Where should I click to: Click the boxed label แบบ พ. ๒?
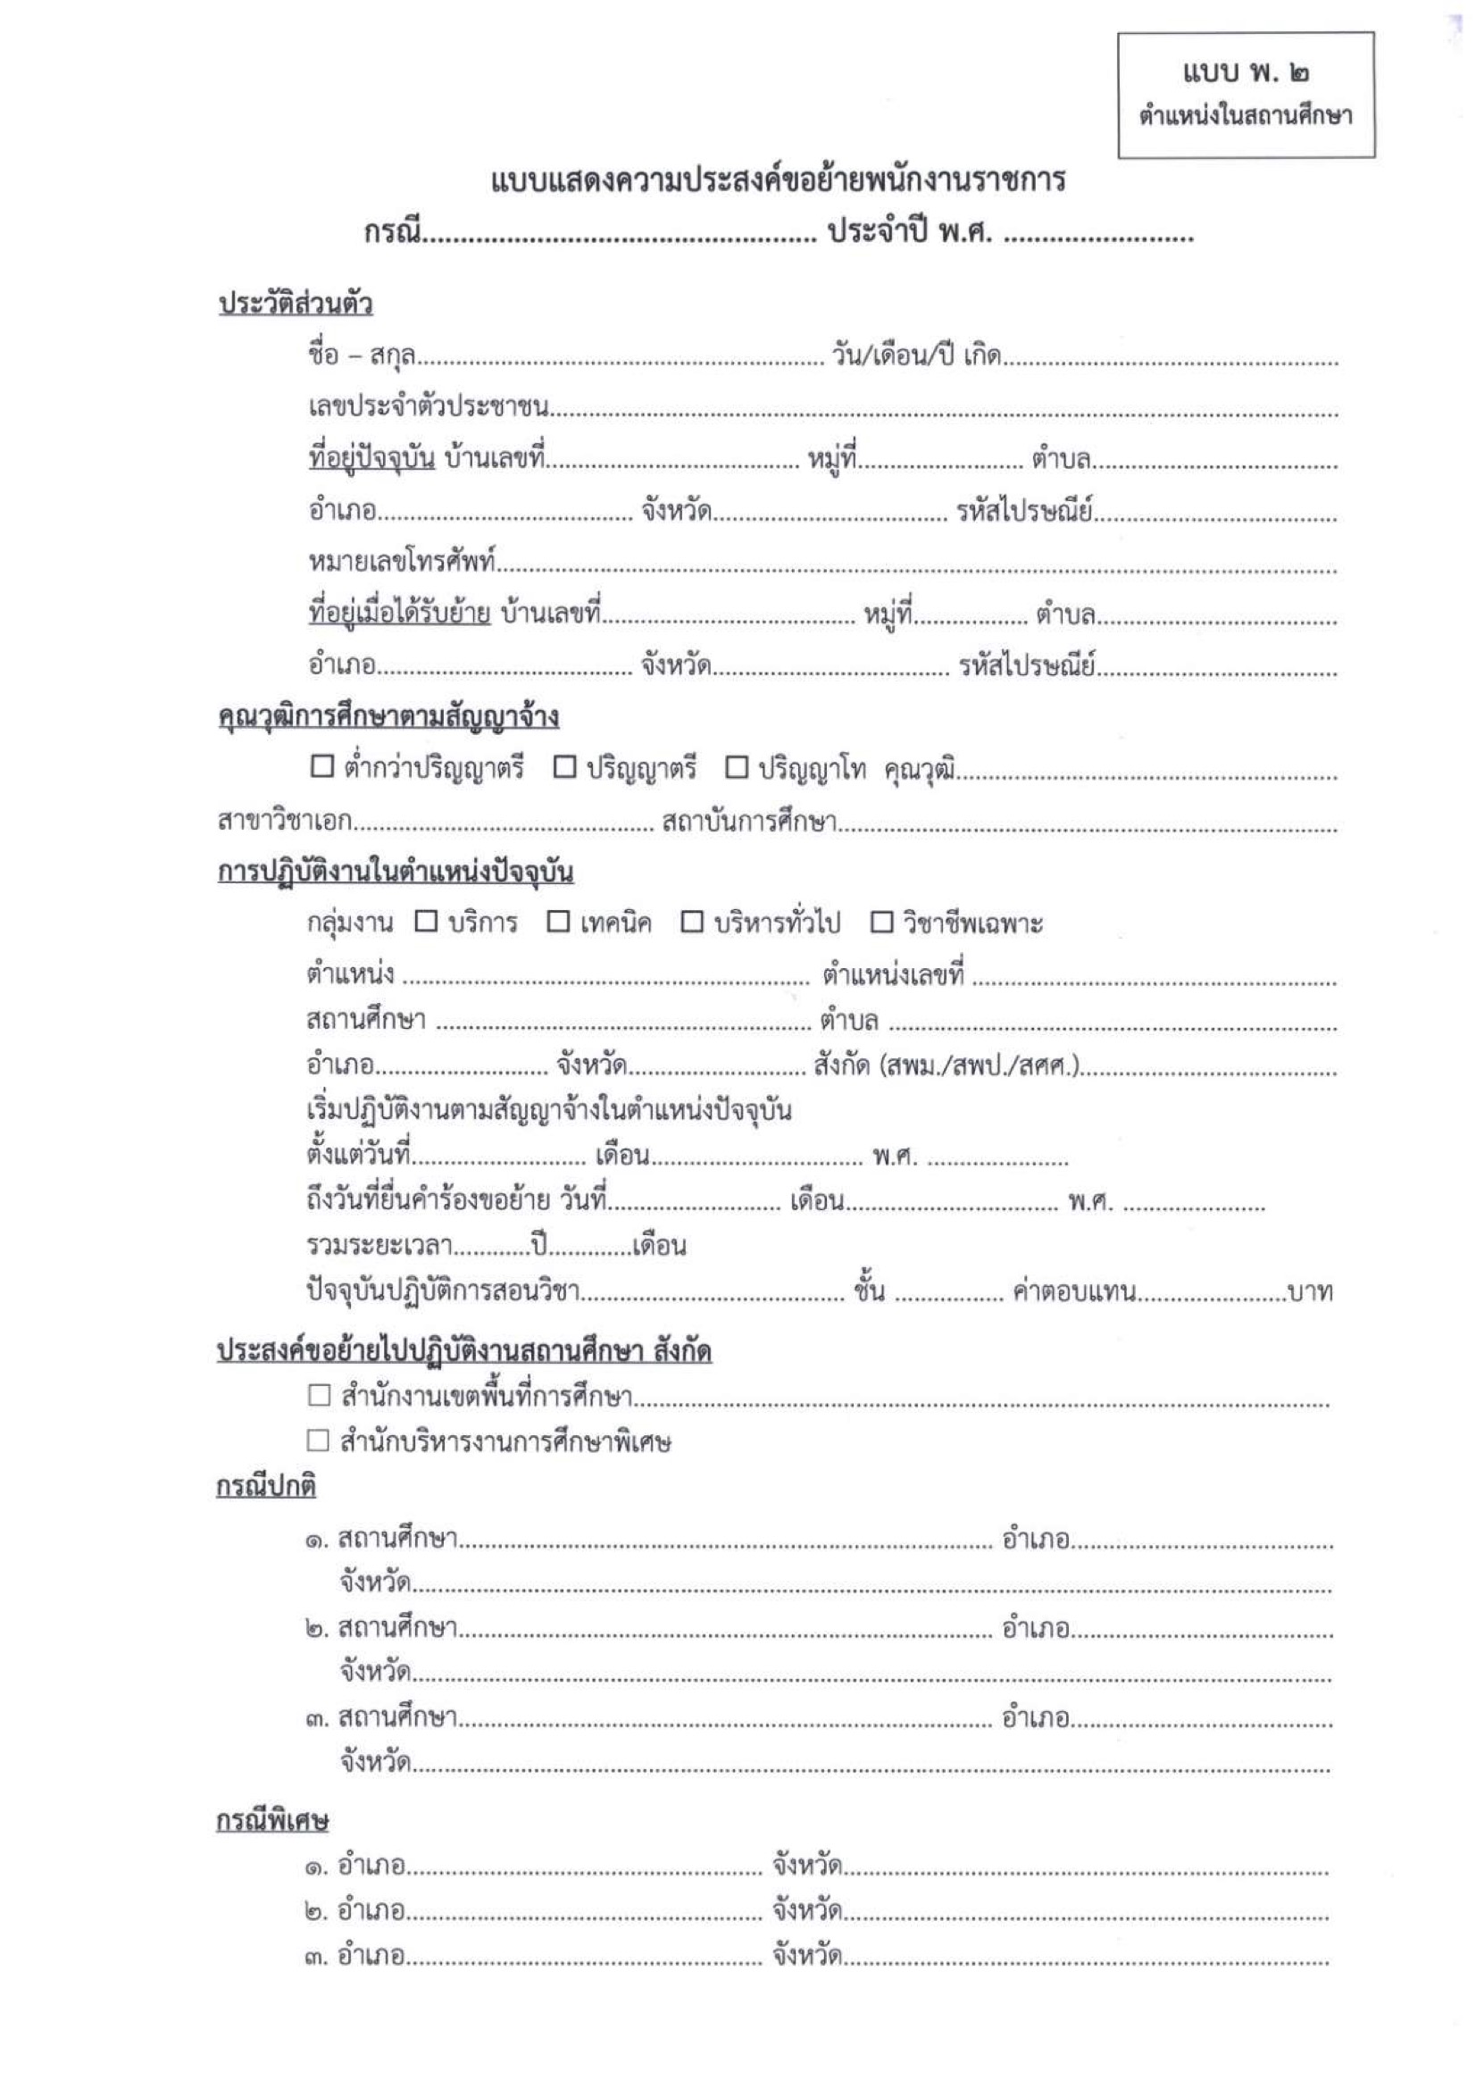(1245, 72)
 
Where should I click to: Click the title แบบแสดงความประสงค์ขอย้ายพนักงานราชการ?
(778, 182)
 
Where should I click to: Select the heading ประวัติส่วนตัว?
(296, 304)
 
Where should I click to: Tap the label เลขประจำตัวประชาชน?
(429, 407)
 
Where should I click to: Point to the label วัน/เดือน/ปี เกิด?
(916, 355)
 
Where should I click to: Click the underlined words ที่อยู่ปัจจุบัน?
(372, 459)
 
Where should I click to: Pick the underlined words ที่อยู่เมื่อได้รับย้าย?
(399, 614)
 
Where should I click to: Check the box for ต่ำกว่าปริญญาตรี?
(322, 766)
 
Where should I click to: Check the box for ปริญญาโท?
(736, 767)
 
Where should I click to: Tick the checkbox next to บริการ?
(426, 923)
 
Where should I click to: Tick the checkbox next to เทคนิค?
(558, 923)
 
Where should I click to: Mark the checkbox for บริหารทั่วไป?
(692, 923)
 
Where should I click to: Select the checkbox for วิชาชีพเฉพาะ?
(881, 923)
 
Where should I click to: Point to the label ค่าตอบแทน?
(1074, 1292)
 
